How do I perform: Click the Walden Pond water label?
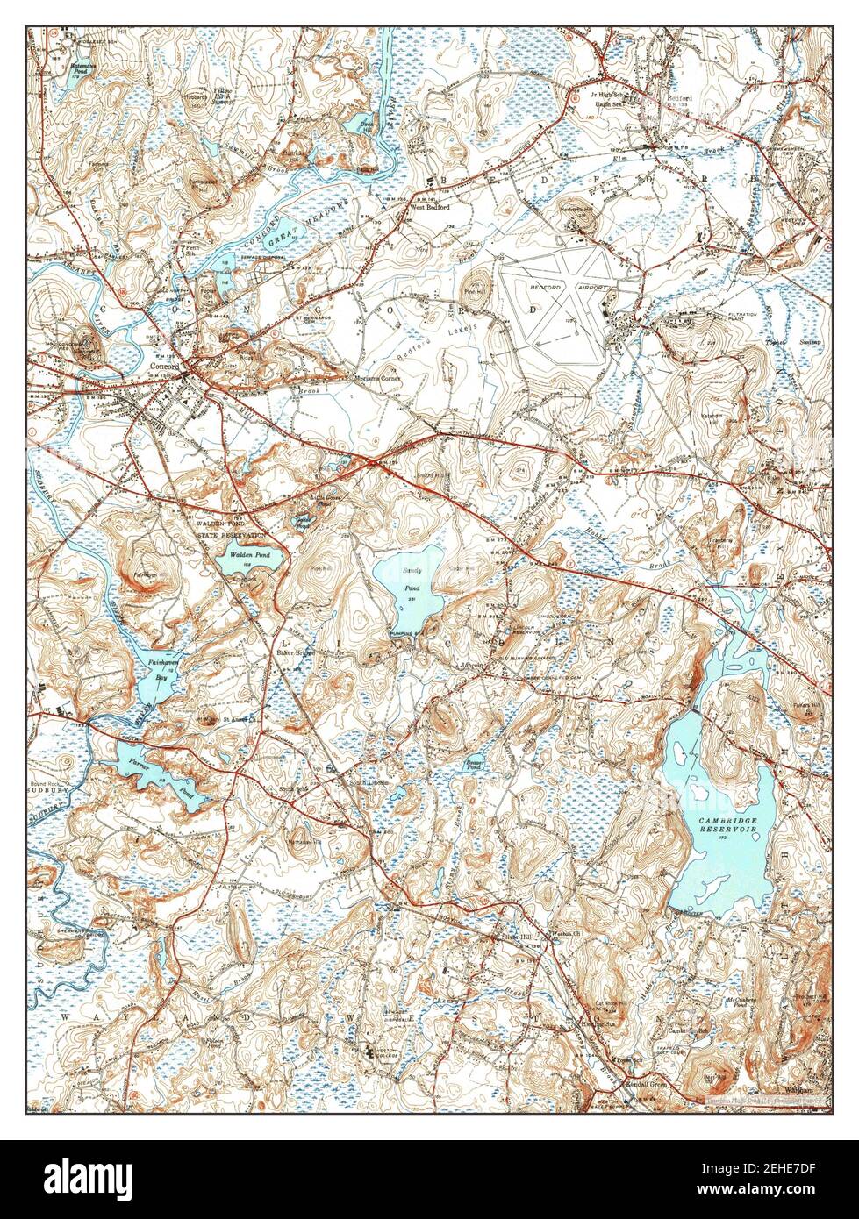(249, 555)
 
